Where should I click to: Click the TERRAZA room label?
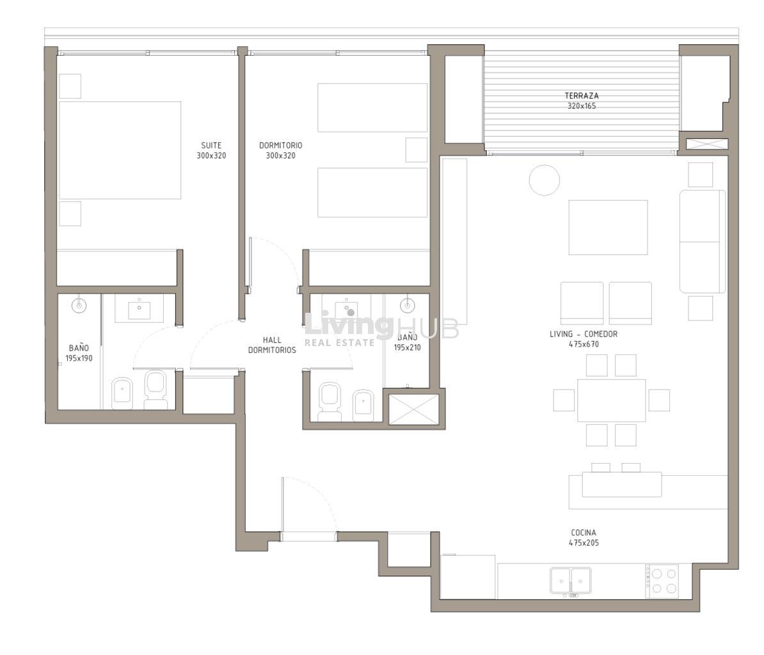[x=581, y=96]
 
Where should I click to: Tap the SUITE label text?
[x=211, y=145]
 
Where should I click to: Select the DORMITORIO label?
[x=281, y=145]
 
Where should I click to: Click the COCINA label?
[x=583, y=533]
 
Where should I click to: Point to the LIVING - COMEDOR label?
[x=583, y=334]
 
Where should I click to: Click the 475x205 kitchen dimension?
[x=583, y=543]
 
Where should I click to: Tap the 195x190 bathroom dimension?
[x=79, y=358]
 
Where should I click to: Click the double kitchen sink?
[x=571, y=581]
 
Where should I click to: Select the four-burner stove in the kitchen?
[x=662, y=581]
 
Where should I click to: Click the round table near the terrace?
[x=545, y=180]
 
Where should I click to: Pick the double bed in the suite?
[x=120, y=150]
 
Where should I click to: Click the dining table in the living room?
[x=612, y=400]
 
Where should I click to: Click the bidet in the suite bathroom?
[x=122, y=393]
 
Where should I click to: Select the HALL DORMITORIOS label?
[x=272, y=345]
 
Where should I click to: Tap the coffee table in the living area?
[x=608, y=228]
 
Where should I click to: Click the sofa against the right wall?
[x=702, y=242]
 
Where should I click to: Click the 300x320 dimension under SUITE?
[x=211, y=156]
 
